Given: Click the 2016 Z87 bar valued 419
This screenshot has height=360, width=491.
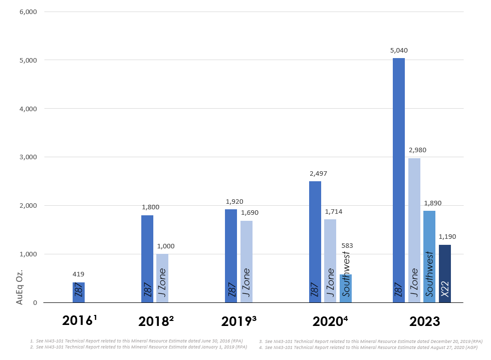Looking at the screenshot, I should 79,292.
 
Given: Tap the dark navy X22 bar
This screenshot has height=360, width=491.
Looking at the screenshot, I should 444,273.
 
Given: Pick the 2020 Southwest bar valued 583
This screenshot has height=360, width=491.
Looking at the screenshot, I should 346,288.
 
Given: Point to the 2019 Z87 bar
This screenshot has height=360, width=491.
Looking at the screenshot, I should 231,255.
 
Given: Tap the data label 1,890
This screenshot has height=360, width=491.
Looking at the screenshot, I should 432,203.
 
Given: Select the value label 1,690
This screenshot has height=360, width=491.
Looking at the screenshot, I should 250,213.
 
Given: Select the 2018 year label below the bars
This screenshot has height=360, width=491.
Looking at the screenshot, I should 156,321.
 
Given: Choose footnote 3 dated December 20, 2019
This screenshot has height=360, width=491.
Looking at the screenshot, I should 371,341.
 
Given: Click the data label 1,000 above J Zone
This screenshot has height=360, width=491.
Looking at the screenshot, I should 166,246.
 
